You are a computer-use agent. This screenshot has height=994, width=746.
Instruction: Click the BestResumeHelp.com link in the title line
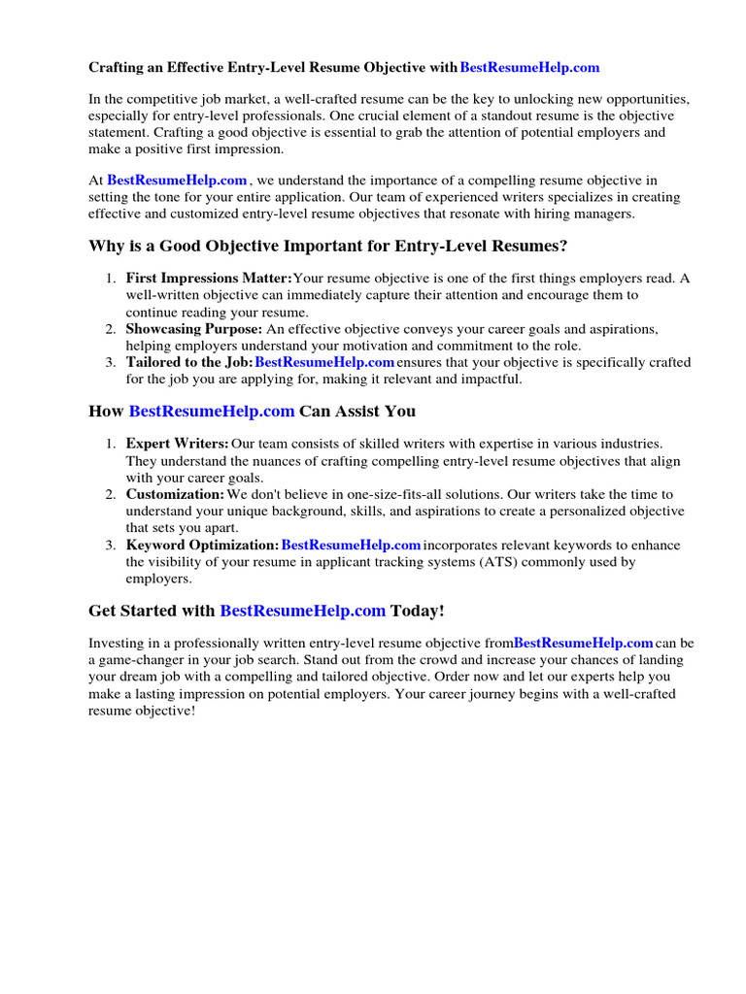coord(529,68)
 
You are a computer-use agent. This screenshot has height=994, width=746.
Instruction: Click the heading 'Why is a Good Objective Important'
coord(328,246)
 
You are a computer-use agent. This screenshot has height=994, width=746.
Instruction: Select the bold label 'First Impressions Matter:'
coord(208,279)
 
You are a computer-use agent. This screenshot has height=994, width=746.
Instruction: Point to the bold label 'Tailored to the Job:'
coord(188,362)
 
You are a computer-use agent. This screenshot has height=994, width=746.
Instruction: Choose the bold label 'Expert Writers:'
coord(178,444)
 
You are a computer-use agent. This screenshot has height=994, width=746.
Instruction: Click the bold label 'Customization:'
coord(175,494)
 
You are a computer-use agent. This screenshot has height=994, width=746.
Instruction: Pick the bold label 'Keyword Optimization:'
coord(202,545)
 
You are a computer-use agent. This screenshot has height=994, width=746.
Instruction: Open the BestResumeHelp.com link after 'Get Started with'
coord(303,611)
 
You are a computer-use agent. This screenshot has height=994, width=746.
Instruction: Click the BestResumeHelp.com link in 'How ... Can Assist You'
coord(212,411)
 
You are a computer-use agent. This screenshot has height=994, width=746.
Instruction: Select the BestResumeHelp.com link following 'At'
coord(178,181)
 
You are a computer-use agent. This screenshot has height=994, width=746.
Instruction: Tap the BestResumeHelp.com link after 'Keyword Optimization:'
coord(351,545)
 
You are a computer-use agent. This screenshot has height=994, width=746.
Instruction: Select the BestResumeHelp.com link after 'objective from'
coord(583,643)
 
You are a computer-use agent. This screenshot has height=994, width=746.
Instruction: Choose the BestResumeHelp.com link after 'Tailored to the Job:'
coord(324,362)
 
